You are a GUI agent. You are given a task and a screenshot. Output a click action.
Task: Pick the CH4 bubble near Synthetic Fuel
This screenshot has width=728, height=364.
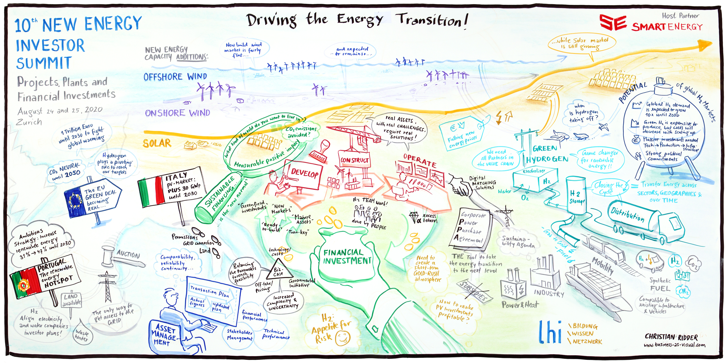pos(683,291)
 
